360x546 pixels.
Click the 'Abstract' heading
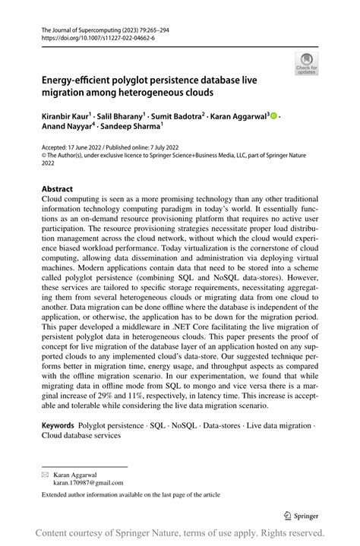tap(57, 188)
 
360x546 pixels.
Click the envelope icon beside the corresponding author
tap(45, 473)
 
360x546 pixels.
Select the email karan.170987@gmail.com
tap(87, 481)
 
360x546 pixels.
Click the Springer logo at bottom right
tap(302, 516)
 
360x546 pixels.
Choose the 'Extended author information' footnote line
tap(131, 494)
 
